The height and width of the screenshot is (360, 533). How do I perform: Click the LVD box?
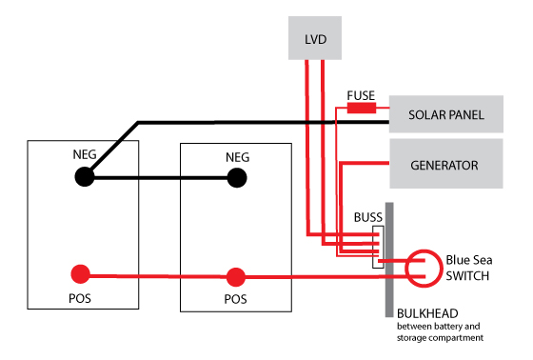pyautogui.click(x=315, y=38)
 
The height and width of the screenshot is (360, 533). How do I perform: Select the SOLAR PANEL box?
pyautogui.click(x=446, y=114)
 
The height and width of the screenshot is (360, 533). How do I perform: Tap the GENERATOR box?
pyautogui.click(x=446, y=164)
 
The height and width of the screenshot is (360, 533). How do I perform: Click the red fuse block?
pyautogui.click(x=362, y=108)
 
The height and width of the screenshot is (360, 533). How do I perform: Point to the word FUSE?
pyautogui.click(x=361, y=95)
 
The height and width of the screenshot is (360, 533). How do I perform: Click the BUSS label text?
pyautogui.click(x=368, y=217)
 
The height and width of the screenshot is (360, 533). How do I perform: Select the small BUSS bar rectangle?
pyautogui.click(x=379, y=247)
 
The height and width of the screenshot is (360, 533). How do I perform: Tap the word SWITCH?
pyautogui.click(x=467, y=276)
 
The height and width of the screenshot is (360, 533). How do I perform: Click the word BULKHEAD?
pyautogui.click(x=427, y=313)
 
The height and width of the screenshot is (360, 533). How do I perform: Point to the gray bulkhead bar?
pyautogui.click(x=389, y=260)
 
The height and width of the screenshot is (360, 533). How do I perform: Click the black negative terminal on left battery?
pyautogui.click(x=85, y=177)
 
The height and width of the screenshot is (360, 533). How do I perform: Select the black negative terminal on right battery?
pyautogui.click(x=237, y=177)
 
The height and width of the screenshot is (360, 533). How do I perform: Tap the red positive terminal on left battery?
pyautogui.click(x=80, y=274)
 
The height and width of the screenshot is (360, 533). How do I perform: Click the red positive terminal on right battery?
pyautogui.click(x=236, y=277)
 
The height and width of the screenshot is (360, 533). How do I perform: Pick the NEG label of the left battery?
pyautogui.click(x=85, y=154)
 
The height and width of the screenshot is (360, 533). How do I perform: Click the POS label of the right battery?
pyautogui.click(x=236, y=299)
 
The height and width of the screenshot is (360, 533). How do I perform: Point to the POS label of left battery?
pyautogui.click(x=80, y=298)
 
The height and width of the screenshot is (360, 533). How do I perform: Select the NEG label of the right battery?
pyautogui.click(x=238, y=157)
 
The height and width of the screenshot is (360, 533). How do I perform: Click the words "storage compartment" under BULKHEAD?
pyautogui.click(x=440, y=338)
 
